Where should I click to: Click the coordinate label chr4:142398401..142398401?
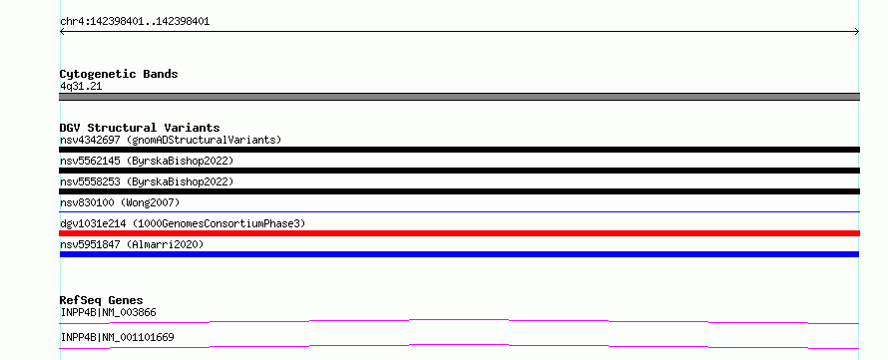click(135, 22)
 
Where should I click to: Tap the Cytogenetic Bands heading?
click(119, 74)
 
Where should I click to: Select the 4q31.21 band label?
click(81, 87)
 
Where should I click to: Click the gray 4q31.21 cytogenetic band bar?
click(459, 97)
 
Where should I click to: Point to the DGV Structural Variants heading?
click(140, 128)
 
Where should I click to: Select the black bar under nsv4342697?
click(459, 150)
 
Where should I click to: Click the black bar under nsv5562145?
click(459, 171)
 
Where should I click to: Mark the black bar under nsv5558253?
click(459, 191)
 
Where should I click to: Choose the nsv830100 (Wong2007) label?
click(120, 202)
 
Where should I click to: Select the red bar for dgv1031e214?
click(459, 233)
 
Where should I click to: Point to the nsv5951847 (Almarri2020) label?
click(132, 244)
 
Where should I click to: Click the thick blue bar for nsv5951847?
click(459, 254)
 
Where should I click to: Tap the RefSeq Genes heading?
click(102, 300)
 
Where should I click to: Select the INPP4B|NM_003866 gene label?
click(108, 312)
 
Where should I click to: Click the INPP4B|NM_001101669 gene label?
click(117, 337)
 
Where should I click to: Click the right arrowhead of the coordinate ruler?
click(858, 32)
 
